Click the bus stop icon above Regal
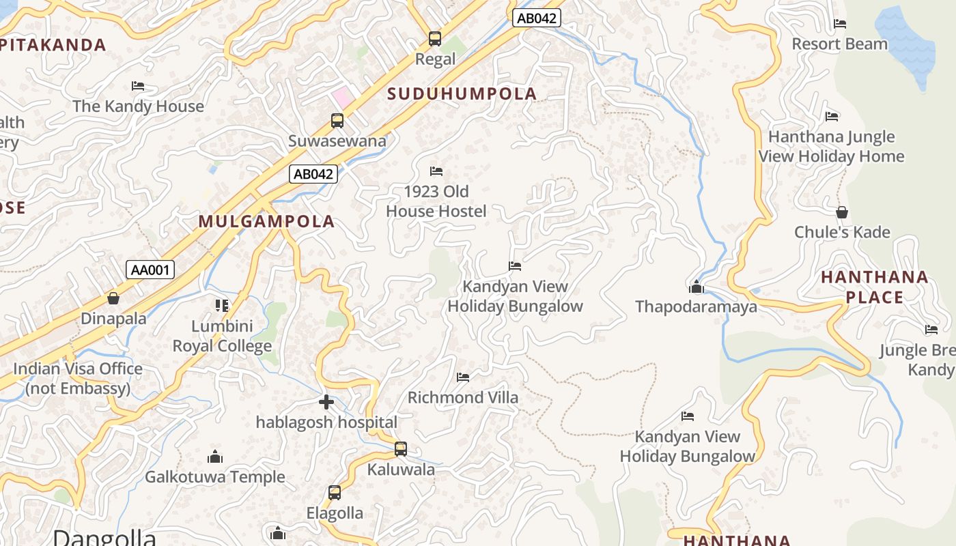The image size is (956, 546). point(435,39)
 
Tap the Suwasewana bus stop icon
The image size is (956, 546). point(337,121)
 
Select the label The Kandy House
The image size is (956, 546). point(138,106)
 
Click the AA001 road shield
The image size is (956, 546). point(150,270)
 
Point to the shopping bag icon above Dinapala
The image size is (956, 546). point(113,299)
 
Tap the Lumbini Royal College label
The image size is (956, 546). point(222,336)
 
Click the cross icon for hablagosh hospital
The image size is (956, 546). point(326,402)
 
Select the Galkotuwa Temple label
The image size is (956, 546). point(215,476)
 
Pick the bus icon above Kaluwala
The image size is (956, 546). point(401,449)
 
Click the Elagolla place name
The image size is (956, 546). point(335,513)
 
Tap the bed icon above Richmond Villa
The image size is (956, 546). point(463,377)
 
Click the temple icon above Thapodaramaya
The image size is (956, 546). point(697,287)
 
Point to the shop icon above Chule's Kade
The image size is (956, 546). point(842,212)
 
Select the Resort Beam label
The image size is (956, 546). point(839,44)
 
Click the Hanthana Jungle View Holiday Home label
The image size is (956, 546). point(831,147)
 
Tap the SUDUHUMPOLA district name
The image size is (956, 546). point(462,94)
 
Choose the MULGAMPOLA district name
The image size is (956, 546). point(267,221)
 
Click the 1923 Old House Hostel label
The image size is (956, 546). point(436,201)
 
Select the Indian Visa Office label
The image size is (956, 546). point(78,379)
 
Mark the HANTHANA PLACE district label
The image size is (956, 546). point(874,287)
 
